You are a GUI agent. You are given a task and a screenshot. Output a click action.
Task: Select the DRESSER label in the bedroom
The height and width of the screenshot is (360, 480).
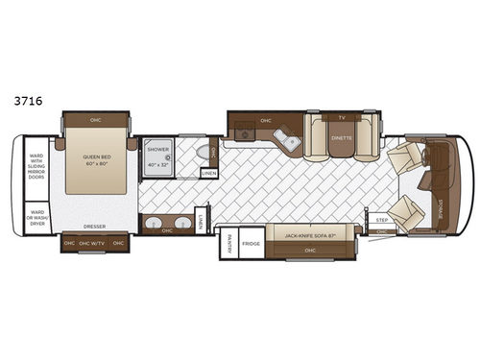point(94,227)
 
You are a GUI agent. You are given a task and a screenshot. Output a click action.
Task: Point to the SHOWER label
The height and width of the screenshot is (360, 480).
point(158,150)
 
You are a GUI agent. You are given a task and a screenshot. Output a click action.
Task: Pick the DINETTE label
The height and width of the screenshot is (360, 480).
point(342,137)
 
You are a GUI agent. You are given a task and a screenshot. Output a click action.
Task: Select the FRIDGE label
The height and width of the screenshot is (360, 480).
point(252,244)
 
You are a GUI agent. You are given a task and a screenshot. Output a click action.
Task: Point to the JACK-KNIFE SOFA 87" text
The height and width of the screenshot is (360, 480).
point(310,233)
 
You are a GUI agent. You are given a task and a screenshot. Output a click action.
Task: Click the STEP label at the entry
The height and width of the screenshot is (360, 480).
point(381,220)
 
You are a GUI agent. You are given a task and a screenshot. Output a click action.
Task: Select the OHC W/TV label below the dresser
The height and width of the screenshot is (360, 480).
point(94,243)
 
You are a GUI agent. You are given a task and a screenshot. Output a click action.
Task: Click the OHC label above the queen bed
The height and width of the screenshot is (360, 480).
point(94,120)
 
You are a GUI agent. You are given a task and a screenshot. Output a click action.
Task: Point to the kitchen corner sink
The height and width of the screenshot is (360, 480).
point(289,142)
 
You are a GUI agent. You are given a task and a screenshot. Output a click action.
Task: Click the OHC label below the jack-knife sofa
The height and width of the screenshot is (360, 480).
point(309,251)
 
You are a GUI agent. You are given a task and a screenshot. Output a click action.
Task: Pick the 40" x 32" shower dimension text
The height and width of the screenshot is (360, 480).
point(158,165)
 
